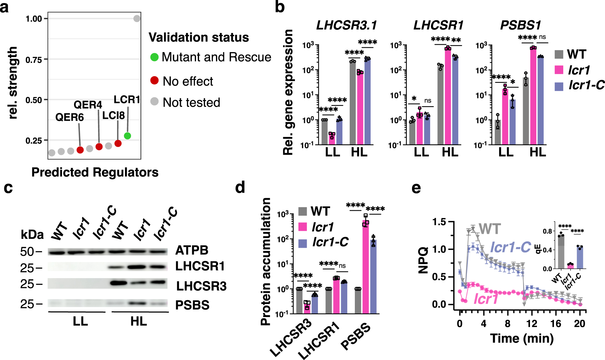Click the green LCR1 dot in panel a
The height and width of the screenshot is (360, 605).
127,136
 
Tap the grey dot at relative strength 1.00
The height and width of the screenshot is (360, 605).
137,18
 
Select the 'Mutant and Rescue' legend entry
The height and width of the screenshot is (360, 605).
211,57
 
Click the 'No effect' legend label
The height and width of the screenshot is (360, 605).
188,81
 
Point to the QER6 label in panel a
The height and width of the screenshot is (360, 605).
70,117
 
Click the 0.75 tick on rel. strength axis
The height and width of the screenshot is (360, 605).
34,60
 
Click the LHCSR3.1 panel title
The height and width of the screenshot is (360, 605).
346,25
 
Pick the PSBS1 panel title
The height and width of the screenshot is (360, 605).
520,25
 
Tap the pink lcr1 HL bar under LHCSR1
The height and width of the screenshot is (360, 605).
448,97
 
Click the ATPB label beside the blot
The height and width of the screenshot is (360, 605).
192,250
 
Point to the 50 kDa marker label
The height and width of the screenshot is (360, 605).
27,252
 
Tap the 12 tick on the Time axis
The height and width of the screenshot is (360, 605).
531,324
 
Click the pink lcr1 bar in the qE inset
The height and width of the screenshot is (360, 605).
570,266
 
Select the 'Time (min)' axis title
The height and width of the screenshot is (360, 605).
522,338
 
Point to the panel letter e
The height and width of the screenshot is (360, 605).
416,188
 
